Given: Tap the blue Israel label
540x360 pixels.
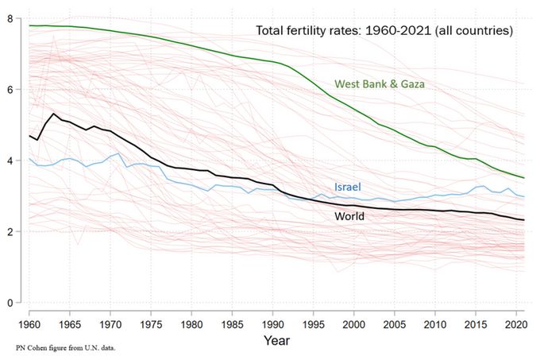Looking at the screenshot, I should (347, 187).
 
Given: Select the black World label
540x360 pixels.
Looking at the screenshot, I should (349, 215).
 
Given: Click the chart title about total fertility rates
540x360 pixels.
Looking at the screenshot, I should (384, 30).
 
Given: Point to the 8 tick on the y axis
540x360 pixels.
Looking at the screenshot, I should (10, 18).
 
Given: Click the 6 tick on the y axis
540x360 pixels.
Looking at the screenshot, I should (10, 90).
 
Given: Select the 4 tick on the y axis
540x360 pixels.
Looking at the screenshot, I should (10, 161).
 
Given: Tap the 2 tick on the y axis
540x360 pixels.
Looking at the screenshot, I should (10, 232).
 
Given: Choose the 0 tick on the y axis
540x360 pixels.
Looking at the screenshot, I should (10, 303).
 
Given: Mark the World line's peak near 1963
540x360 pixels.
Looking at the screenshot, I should (53, 114).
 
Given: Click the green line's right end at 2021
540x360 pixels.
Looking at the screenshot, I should (523, 177).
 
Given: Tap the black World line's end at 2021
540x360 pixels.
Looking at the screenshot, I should (523, 220).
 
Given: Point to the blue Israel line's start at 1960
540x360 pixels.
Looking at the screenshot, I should (29, 158).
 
